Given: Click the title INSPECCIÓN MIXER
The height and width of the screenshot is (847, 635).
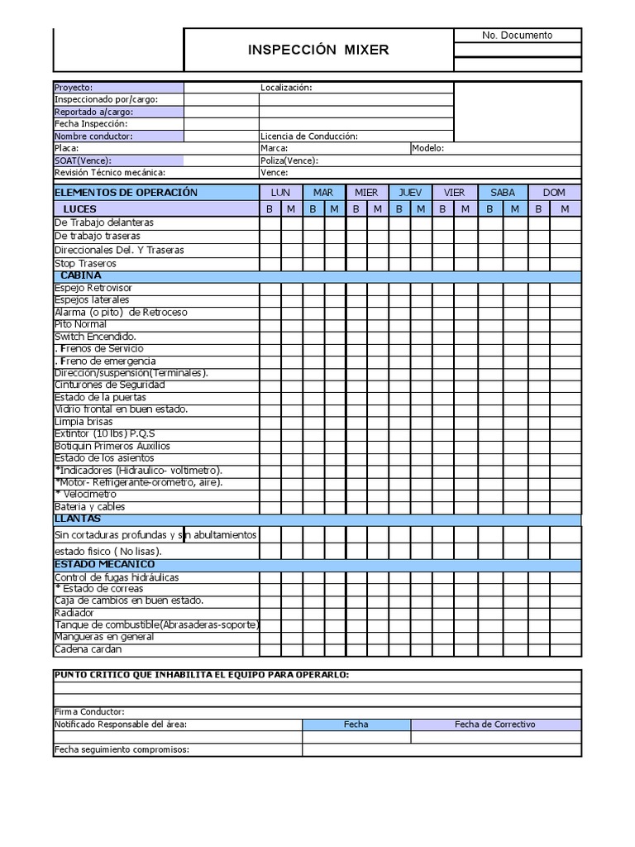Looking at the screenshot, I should [x=318, y=50].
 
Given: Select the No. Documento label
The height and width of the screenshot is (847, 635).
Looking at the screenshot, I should [x=517, y=35].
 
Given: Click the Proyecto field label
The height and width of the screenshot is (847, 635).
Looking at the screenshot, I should [x=74, y=88].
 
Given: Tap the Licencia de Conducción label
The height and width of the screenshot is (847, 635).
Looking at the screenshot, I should [x=308, y=136].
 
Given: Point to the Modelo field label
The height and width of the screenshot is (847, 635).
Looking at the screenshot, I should [x=428, y=149].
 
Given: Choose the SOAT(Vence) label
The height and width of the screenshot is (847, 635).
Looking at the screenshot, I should [x=83, y=160].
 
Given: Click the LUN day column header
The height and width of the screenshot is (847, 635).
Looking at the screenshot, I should [x=280, y=193].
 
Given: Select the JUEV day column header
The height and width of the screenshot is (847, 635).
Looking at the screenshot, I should [x=410, y=193].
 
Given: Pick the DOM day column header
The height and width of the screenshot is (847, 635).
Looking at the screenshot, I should [x=554, y=193].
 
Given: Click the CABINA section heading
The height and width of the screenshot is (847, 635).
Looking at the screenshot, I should [x=81, y=275].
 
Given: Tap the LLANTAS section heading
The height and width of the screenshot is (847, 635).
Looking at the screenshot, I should [x=78, y=519].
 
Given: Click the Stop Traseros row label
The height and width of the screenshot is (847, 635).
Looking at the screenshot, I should [x=85, y=264].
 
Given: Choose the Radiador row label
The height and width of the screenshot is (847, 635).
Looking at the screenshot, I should [x=74, y=614].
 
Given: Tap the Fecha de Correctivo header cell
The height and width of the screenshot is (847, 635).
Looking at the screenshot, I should [x=495, y=725].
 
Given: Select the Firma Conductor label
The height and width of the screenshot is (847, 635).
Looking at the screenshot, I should [x=89, y=712].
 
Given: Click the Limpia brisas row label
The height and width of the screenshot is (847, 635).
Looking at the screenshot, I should [x=84, y=422].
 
